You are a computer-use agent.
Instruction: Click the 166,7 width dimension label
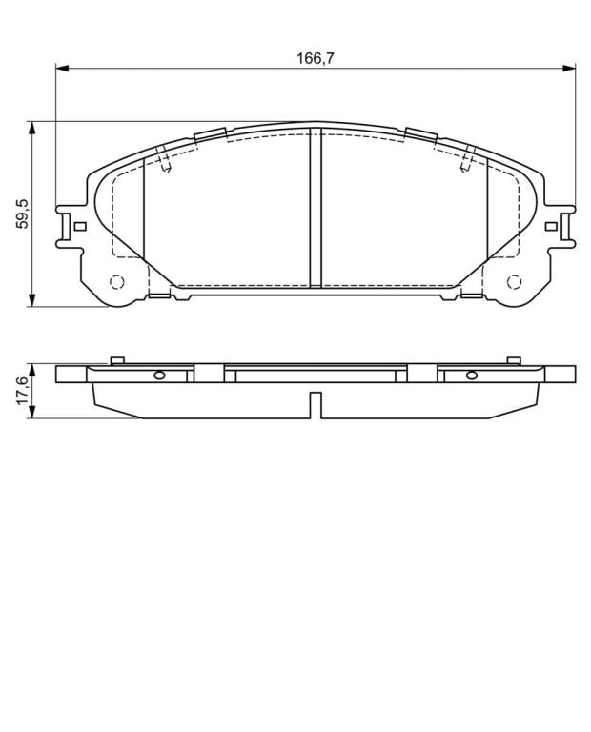coord(316,58)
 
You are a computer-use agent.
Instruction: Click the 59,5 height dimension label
coord(23,213)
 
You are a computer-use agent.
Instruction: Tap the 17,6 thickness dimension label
coord(23,391)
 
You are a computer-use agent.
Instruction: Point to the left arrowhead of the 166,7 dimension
coord(62,69)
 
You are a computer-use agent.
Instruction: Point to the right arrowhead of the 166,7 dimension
coord(568,69)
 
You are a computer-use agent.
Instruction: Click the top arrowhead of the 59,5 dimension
coord(31,128)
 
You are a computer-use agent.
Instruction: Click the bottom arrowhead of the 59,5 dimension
coord(31,300)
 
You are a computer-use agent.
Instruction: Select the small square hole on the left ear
coord(80,227)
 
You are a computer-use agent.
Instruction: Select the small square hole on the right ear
coord(551,227)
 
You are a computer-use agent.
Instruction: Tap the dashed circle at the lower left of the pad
coord(116,282)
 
